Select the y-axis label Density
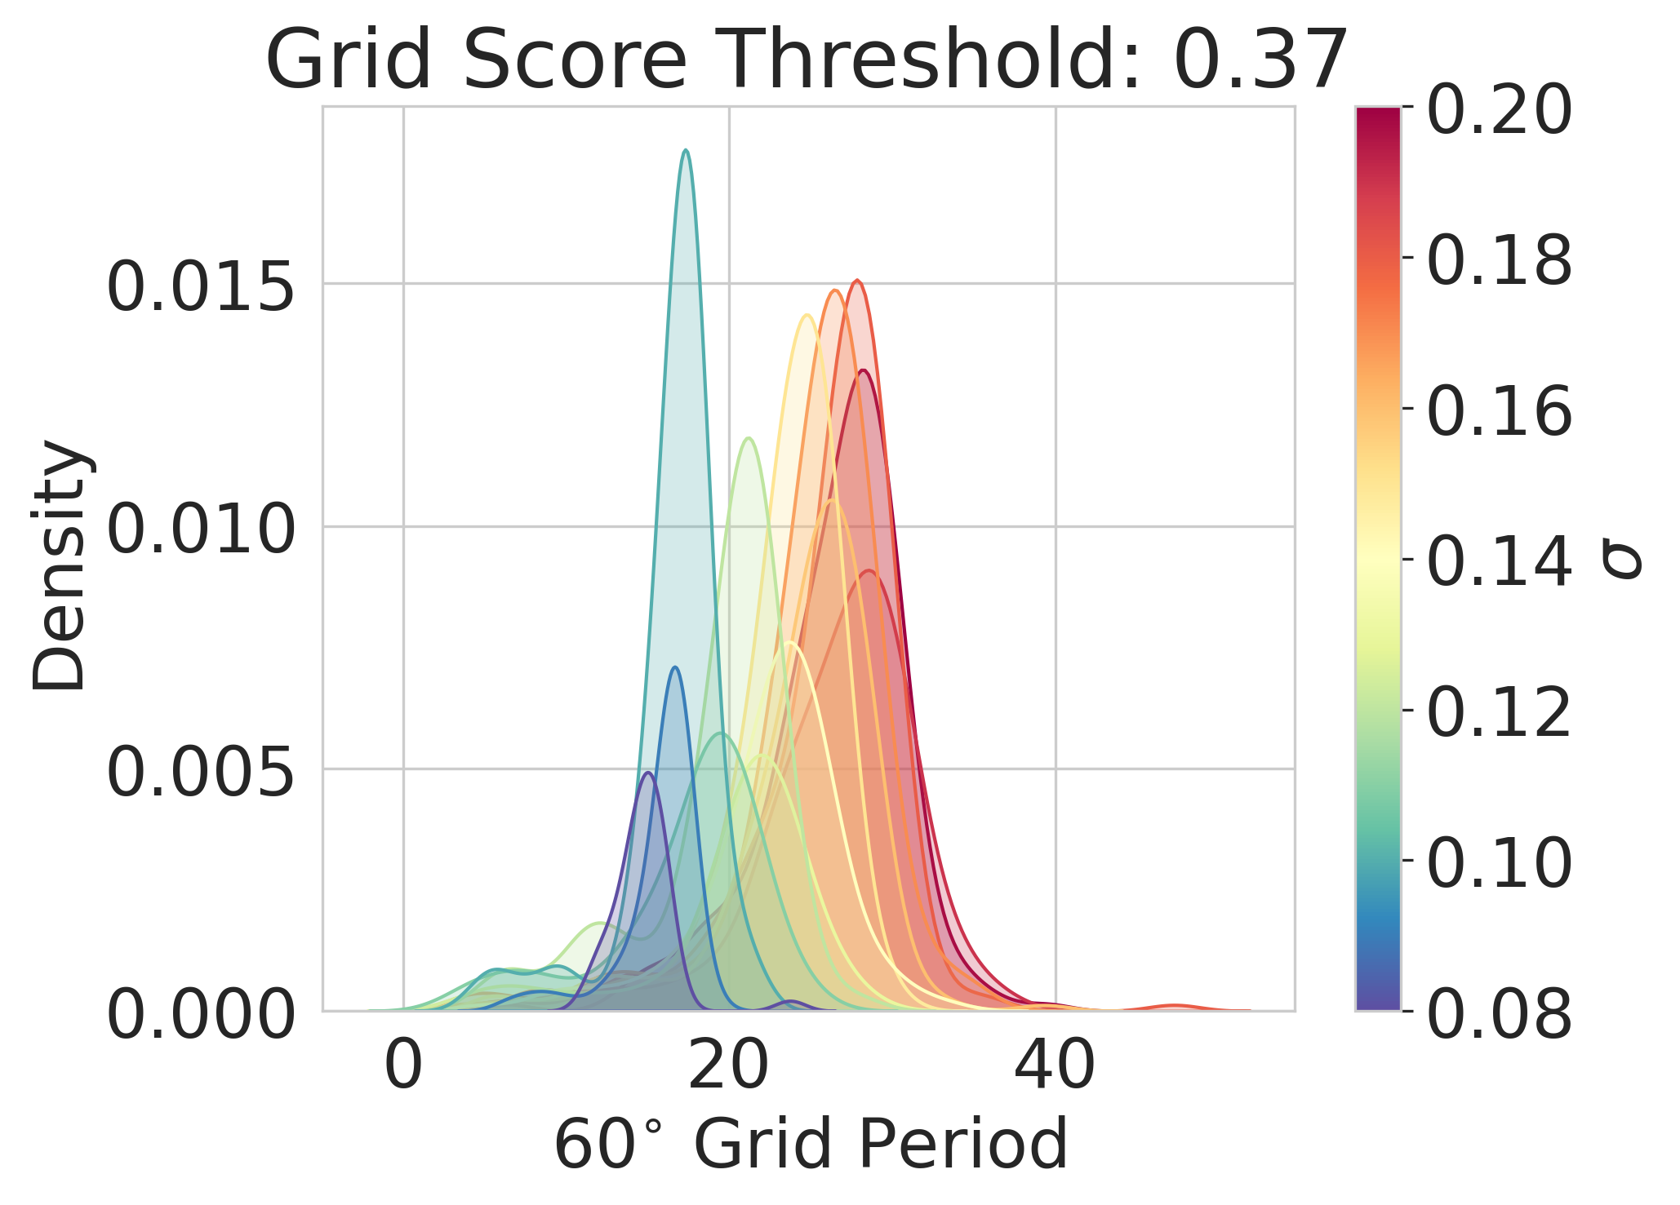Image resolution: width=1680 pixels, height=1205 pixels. [59, 565]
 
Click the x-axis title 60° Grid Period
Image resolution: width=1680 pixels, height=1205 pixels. [811, 1145]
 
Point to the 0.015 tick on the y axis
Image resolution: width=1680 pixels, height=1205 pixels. [201, 287]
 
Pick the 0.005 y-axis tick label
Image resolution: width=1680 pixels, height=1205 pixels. [201, 773]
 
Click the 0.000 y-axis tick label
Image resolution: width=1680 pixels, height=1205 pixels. [201, 1015]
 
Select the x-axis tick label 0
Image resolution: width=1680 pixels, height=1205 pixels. [403, 1065]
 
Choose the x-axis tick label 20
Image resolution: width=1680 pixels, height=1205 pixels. [729, 1065]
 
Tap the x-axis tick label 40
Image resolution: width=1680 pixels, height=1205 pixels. [1055, 1065]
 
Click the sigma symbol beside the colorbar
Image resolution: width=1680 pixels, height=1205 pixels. [1621, 563]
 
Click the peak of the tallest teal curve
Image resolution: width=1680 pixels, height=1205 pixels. [686, 151]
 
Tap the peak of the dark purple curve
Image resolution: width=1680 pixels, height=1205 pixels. [648, 773]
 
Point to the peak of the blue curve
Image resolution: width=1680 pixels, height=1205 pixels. [674, 667]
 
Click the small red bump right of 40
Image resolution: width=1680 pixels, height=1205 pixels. [1174, 1005]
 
